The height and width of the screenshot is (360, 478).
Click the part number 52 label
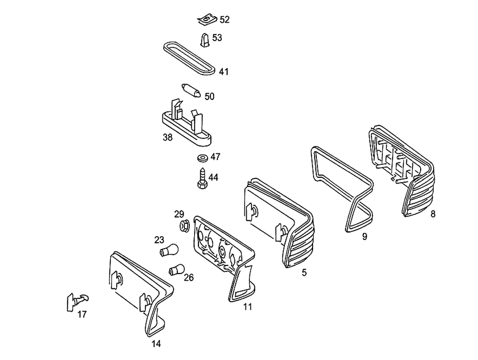tap(225, 20)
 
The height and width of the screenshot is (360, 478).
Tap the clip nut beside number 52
tap(206, 20)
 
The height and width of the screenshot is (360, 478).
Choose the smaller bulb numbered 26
tap(176, 270)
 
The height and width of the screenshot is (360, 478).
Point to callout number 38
tap(167, 137)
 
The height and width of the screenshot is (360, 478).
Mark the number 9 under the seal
tap(365, 236)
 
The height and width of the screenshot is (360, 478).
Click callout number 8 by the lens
tap(433, 214)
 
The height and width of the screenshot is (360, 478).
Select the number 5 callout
tap(304, 273)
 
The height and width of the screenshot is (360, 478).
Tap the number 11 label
tap(247, 307)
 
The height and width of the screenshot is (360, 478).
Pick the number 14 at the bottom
tap(156, 343)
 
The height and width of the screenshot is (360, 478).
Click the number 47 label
tap(216, 156)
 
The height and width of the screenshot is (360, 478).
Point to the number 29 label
tap(179, 214)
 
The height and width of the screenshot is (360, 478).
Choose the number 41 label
tap(224, 72)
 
